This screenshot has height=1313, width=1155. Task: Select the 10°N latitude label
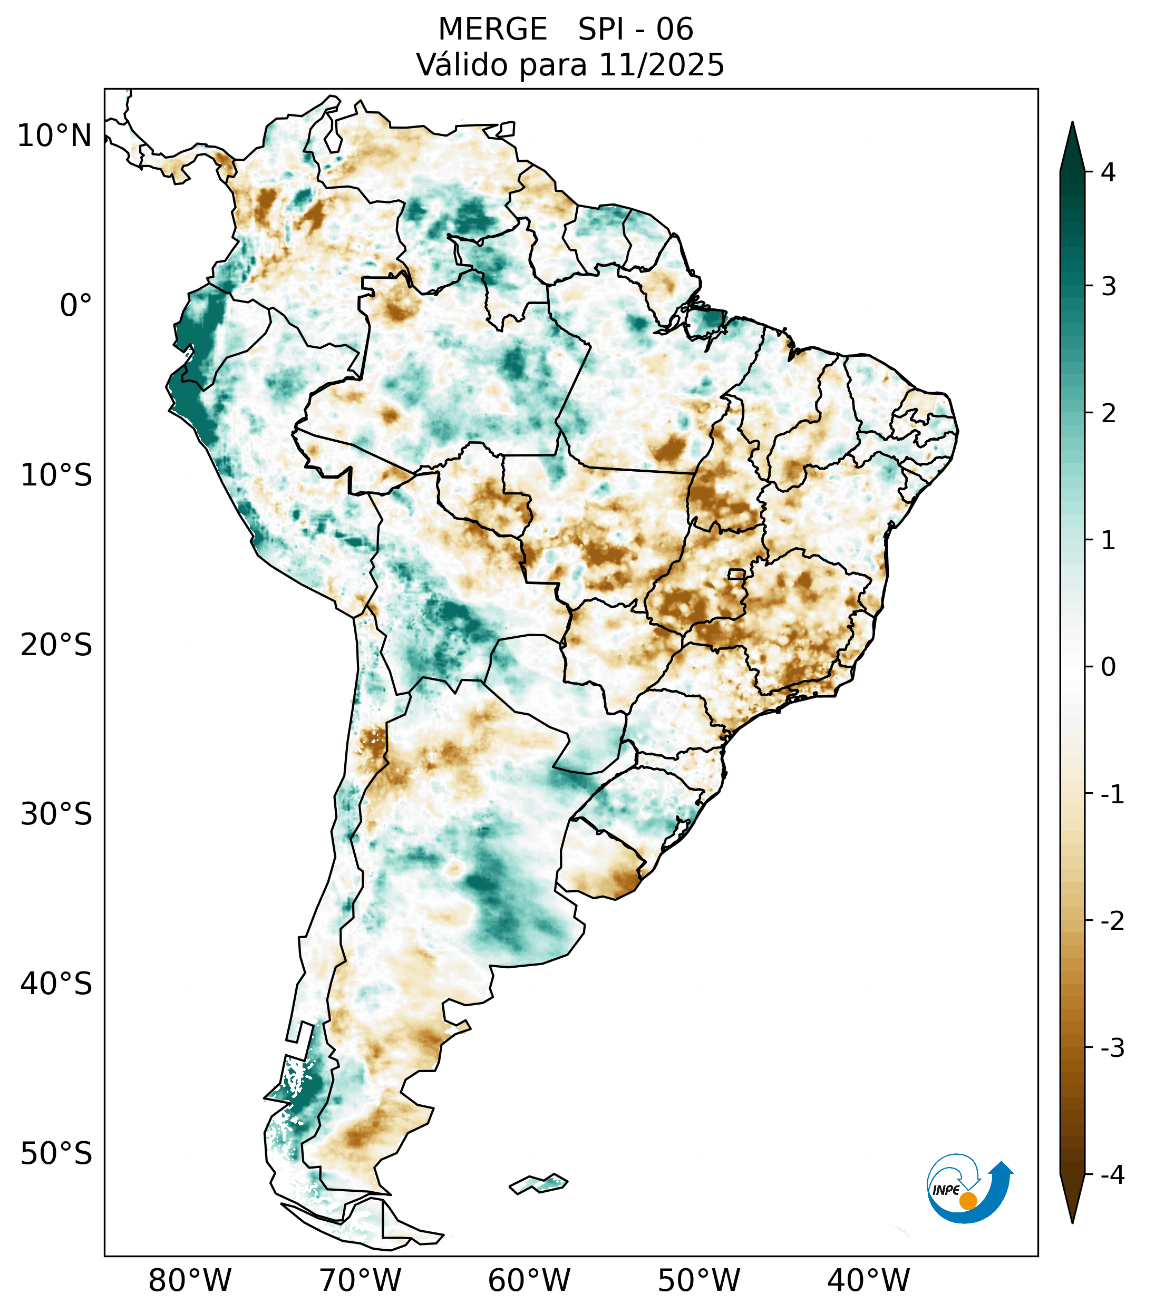pyautogui.click(x=55, y=136)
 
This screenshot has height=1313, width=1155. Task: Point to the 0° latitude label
pyautogui.click(x=76, y=306)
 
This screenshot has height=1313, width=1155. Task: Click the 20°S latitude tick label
pyautogui.click(x=56, y=645)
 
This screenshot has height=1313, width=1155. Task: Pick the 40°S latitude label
pyautogui.click(x=56, y=984)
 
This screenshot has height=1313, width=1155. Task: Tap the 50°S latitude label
pyautogui.click(x=56, y=1154)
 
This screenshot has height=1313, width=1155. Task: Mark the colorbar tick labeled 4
pyautogui.click(x=1108, y=172)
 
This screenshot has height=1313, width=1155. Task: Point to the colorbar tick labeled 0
pyautogui.click(x=1108, y=667)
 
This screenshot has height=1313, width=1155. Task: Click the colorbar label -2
pyautogui.click(x=1112, y=922)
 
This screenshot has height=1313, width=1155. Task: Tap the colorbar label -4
pyautogui.click(x=1112, y=1175)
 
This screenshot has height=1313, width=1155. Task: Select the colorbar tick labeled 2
pyautogui.click(x=1108, y=414)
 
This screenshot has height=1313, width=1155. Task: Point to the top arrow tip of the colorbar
pyautogui.click(x=1072, y=123)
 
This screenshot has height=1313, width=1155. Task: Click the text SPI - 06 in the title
pyautogui.click(x=635, y=30)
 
